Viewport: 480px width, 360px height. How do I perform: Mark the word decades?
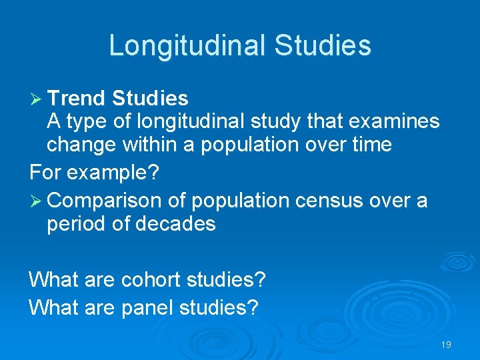(175, 223)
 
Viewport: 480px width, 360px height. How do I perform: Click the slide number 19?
(446, 345)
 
